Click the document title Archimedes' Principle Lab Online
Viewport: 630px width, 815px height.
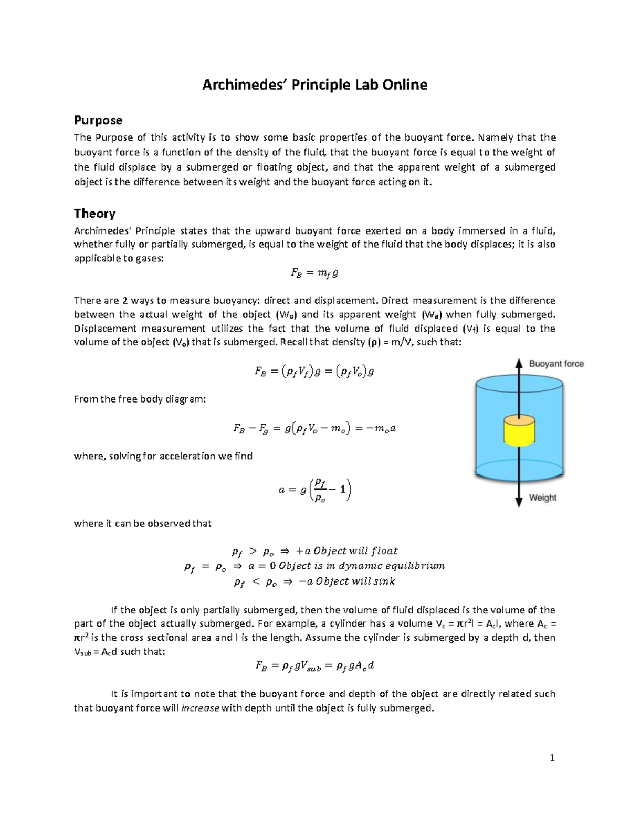tap(314, 85)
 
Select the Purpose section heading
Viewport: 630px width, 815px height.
tap(98, 120)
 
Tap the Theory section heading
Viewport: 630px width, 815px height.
tap(94, 213)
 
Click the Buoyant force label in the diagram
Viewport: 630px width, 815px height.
tap(556, 364)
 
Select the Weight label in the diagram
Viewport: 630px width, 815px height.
tap(542, 498)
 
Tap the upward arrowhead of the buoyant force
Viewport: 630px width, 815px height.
tap(519, 364)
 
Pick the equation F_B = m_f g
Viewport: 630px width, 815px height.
tap(314, 273)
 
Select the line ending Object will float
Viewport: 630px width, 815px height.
tap(314, 551)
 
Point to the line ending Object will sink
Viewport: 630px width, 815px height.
tap(314, 581)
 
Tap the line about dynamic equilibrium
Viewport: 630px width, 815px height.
tap(314, 566)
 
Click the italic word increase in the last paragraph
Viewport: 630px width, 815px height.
tap(200, 708)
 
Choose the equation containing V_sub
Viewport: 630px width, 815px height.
tap(314, 666)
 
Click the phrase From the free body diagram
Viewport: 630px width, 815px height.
tap(140, 399)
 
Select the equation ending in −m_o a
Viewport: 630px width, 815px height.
tap(314, 428)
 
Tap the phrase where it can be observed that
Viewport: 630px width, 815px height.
tap(142, 523)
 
